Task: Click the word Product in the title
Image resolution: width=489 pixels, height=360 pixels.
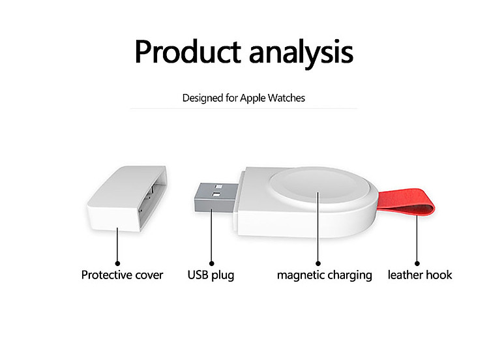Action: [188, 52]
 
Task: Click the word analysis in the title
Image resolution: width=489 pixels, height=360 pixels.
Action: [301, 53]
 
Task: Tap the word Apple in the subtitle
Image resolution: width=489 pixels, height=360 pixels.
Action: [253, 98]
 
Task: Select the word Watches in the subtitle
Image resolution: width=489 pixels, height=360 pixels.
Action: [286, 98]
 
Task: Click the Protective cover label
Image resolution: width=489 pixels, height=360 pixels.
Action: [122, 275]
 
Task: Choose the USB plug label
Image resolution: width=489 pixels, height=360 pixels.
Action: [211, 275]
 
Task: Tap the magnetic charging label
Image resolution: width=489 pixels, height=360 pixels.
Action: [324, 275]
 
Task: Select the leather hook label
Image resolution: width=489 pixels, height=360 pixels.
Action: [420, 275]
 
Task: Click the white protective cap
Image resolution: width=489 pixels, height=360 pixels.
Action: [126, 199]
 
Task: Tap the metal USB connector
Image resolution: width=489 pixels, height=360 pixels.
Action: [216, 198]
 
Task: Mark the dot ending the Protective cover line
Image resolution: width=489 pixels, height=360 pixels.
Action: [117, 263]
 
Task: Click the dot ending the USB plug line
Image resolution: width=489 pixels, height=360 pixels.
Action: [211, 263]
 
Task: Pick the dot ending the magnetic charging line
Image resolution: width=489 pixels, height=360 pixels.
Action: [318, 263]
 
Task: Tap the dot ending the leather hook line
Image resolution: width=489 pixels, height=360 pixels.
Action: [417, 263]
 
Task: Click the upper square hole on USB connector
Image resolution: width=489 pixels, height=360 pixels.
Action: [218, 187]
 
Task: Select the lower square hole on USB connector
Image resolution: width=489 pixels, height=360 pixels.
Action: [216, 194]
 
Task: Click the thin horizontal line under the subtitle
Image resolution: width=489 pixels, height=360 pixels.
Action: [244, 108]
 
